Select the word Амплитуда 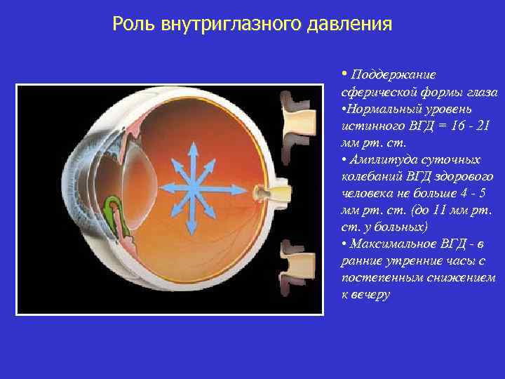(382, 159)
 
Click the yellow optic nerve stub (271, 192)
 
